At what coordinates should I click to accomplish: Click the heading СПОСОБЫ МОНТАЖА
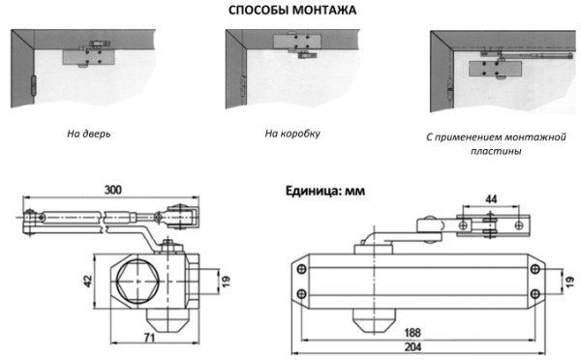(x=292, y=10)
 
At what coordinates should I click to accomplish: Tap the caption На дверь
(x=88, y=134)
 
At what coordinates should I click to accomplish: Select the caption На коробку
(x=292, y=134)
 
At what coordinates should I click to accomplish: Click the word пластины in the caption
(x=496, y=151)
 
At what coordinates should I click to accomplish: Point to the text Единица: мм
(x=325, y=191)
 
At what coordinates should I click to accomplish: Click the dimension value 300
(x=112, y=190)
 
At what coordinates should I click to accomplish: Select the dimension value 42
(x=88, y=281)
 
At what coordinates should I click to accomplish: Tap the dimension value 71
(x=149, y=338)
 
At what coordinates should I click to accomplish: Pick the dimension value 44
(x=491, y=199)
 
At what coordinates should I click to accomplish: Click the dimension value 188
(x=413, y=332)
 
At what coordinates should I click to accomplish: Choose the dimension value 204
(x=413, y=346)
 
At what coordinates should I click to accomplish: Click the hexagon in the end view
(x=138, y=282)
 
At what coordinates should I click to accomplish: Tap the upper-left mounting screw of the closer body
(x=302, y=268)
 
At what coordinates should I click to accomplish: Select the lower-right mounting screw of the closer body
(x=535, y=294)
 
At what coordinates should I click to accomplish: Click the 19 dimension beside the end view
(x=226, y=281)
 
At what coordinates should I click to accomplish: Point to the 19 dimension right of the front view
(x=570, y=281)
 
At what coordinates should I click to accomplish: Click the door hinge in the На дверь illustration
(x=33, y=86)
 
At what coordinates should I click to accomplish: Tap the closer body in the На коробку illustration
(x=297, y=42)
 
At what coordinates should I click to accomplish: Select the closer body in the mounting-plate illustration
(x=495, y=69)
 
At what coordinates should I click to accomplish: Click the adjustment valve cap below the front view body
(x=374, y=319)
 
